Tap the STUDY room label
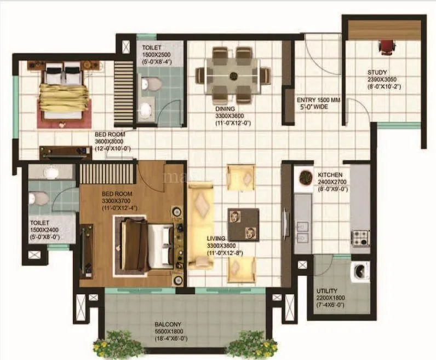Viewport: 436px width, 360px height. click(x=377, y=72)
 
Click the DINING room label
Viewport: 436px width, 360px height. click(x=225, y=108)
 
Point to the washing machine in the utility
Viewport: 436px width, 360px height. click(x=360, y=271)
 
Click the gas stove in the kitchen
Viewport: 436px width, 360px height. click(x=359, y=237)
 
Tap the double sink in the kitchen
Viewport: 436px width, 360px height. click(x=302, y=233)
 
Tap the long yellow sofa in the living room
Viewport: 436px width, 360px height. click(x=200, y=226)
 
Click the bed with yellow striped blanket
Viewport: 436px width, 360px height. click(x=64, y=92)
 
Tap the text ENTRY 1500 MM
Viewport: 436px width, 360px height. click(x=318, y=101)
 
